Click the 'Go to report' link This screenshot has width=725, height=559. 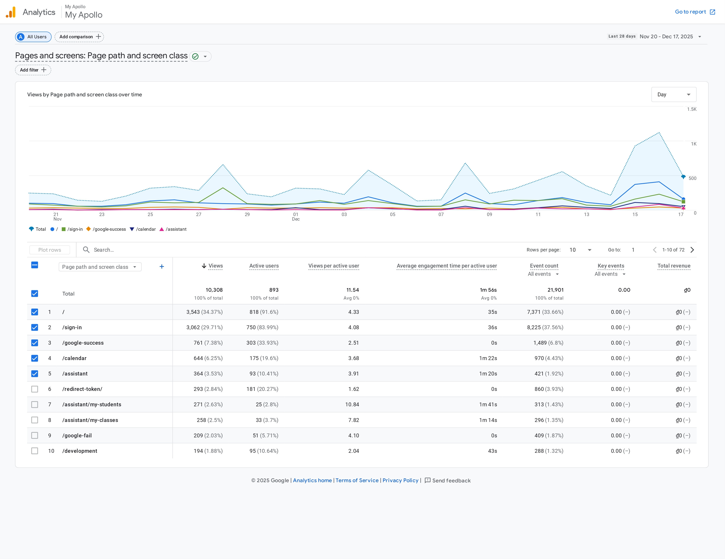click(x=695, y=12)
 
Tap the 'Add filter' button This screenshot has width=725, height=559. click(x=33, y=70)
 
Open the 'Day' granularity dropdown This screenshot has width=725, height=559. click(x=673, y=95)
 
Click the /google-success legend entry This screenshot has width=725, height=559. click(x=106, y=229)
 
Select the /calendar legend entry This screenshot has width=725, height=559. click(x=143, y=229)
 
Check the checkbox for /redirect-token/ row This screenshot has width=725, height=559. click(x=34, y=389)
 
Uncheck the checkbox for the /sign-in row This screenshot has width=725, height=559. click(x=34, y=328)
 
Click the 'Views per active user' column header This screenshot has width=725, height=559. click(x=334, y=266)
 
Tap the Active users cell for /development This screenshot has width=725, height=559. click(x=264, y=451)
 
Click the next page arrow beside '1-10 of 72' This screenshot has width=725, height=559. click(x=692, y=250)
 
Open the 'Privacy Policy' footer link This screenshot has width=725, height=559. click(x=400, y=480)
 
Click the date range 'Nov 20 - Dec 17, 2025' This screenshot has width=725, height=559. click(x=666, y=37)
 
